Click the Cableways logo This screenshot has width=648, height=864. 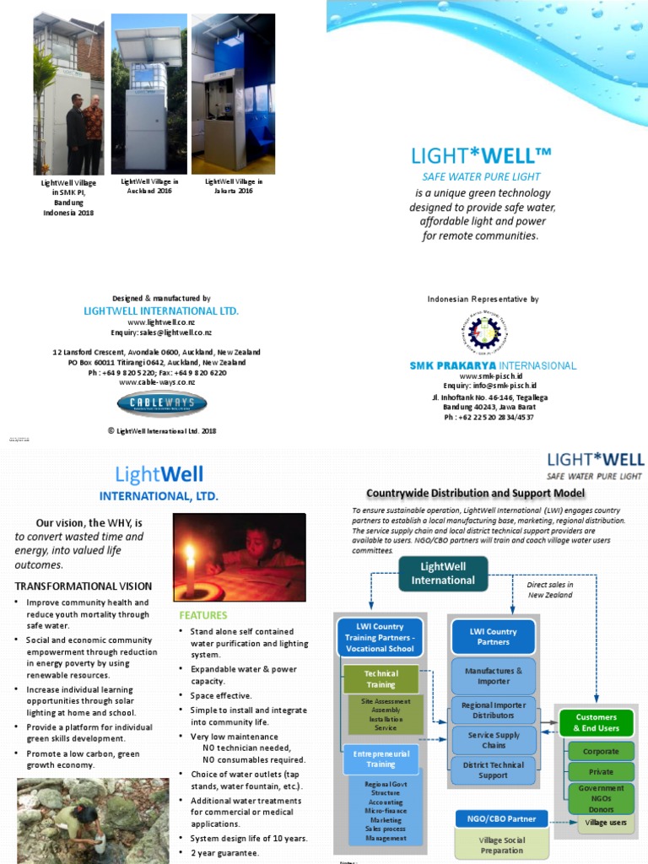click(162, 402)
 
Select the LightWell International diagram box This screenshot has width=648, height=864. click(443, 574)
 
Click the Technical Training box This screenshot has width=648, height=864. click(381, 679)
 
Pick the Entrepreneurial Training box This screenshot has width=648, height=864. click(381, 758)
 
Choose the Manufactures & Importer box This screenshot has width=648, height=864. click(494, 676)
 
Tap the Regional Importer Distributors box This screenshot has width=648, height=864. click(494, 710)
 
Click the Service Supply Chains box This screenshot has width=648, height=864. click(494, 740)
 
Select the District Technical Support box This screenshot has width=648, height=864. click(494, 769)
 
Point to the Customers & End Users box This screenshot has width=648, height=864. click(597, 722)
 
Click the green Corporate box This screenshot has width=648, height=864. click(601, 751)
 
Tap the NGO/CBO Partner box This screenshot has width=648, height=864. click(501, 818)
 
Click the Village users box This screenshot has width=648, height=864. click(606, 822)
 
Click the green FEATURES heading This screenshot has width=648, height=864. click(202, 615)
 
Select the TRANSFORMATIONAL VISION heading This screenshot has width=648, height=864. click(84, 586)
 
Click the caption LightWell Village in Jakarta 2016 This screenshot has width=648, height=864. click(234, 186)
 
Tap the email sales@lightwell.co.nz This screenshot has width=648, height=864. click(161, 333)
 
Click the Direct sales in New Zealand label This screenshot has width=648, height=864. click(549, 589)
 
